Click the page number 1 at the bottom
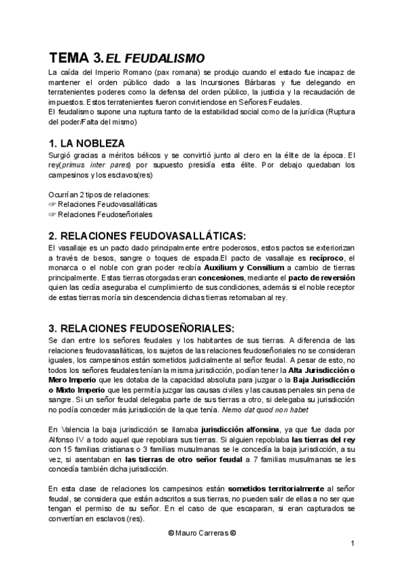pyautogui.click(x=352, y=544)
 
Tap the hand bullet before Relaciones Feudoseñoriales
pyautogui.click(x=53, y=214)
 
